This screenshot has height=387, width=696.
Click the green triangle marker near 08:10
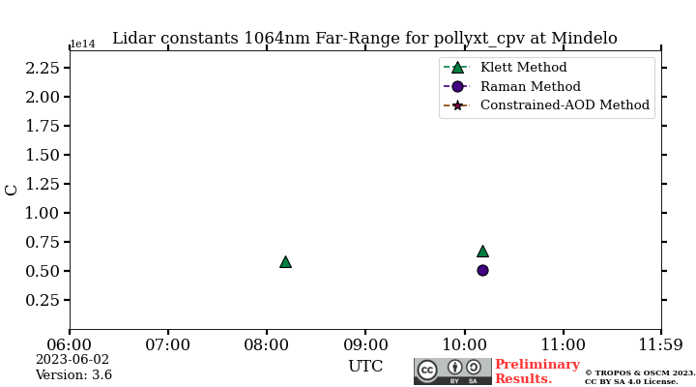point(285,261)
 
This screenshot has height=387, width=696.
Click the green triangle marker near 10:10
point(482,251)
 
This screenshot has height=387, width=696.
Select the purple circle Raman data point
point(482,270)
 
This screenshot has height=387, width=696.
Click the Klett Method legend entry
point(523,68)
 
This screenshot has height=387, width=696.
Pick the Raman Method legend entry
point(530,86)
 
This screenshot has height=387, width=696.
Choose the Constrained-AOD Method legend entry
point(565,104)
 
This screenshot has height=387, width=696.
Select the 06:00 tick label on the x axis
point(70,343)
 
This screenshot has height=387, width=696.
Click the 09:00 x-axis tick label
point(365,343)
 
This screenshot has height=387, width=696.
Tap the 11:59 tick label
point(661,343)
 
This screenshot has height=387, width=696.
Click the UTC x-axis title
point(365,367)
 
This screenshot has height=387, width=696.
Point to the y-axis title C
point(12,190)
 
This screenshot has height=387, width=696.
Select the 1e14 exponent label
point(83,45)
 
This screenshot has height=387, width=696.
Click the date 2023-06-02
point(72,360)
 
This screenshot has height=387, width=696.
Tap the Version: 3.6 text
point(73,375)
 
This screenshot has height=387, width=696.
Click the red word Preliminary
point(537,365)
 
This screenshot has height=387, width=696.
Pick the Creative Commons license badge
point(452,372)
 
